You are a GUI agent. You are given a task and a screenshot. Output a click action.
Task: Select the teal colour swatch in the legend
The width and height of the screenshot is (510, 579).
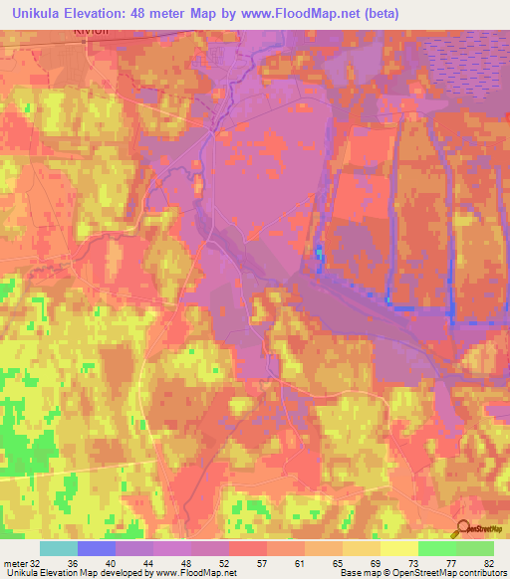59,548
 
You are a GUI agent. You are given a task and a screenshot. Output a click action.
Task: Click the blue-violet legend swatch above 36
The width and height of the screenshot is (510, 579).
97,548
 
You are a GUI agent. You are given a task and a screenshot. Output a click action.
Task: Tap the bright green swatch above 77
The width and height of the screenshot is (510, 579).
437,548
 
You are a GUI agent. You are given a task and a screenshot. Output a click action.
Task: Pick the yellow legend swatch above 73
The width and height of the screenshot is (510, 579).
399,548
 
